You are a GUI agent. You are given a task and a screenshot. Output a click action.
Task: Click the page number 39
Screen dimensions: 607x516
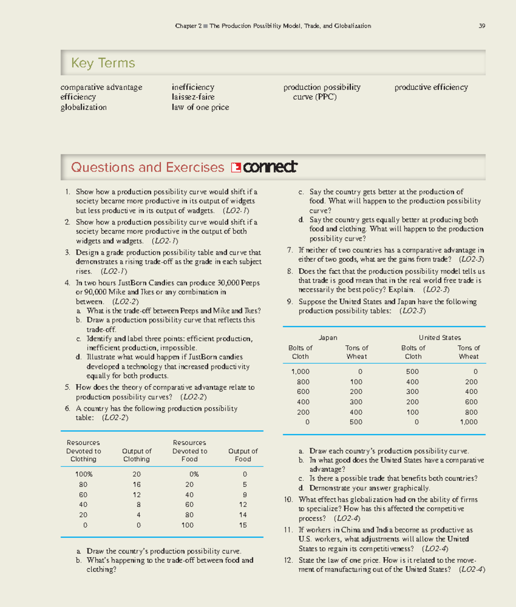coord(482,26)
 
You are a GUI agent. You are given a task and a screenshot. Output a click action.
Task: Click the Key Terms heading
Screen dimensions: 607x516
coord(103,63)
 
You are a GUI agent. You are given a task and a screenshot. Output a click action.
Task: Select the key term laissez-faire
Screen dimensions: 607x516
coord(193,97)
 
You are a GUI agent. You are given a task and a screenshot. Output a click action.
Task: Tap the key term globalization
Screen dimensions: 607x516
coord(83,107)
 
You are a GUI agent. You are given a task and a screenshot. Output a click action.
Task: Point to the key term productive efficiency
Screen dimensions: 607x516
coord(431,87)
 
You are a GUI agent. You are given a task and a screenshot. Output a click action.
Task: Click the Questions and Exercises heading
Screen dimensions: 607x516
coord(147,167)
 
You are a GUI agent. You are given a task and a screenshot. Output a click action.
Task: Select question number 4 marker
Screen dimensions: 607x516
coord(68,283)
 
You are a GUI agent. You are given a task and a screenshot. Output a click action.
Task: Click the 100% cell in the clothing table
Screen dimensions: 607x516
coord(84,474)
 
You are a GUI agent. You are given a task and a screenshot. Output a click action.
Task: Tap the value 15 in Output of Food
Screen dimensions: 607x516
coord(243,525)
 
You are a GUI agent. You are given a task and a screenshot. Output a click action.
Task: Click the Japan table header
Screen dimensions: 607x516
coord(328,338)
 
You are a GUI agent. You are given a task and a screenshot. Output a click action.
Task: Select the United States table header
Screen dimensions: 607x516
coord(439,338)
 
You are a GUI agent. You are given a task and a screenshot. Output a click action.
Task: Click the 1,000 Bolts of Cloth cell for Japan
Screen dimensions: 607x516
coord(300,372)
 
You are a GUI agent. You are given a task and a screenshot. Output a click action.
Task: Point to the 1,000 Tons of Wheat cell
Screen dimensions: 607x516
coord(468,422)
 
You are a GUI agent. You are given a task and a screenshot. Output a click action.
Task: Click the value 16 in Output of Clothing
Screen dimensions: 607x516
coord(136,484)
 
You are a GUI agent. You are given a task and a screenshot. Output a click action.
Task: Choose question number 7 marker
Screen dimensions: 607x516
coord(290,250)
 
